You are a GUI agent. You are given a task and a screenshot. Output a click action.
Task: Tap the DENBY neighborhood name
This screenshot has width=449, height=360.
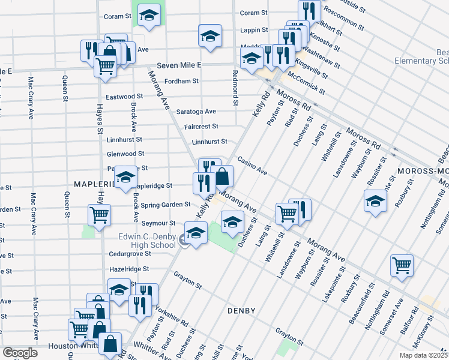242,311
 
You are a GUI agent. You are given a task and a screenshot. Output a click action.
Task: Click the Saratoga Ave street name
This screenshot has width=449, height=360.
196,112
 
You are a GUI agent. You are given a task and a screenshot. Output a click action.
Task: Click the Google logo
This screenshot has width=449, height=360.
20,353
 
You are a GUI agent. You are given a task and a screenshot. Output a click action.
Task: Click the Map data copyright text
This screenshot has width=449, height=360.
423,355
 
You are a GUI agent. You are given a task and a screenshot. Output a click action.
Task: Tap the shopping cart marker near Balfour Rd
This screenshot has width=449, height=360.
402,265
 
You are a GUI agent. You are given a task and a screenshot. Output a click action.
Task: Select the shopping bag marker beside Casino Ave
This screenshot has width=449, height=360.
221,176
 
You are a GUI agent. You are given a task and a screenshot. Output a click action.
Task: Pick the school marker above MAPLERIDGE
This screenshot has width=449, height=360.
125,176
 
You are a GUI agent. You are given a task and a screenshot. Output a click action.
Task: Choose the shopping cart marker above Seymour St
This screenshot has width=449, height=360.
99,214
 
